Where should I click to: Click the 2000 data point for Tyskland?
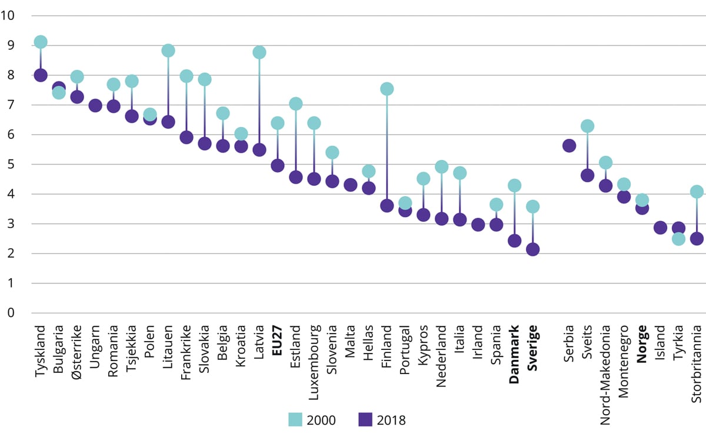41,42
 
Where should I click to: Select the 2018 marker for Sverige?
533,249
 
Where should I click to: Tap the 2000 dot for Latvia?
259,52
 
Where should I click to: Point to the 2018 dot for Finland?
387,206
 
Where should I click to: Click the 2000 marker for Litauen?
168,51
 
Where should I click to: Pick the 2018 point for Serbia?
569,146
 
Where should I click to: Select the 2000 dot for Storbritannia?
697,191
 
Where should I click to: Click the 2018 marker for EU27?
278,166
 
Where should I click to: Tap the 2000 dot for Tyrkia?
678,239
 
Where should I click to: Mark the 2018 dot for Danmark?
515,241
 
